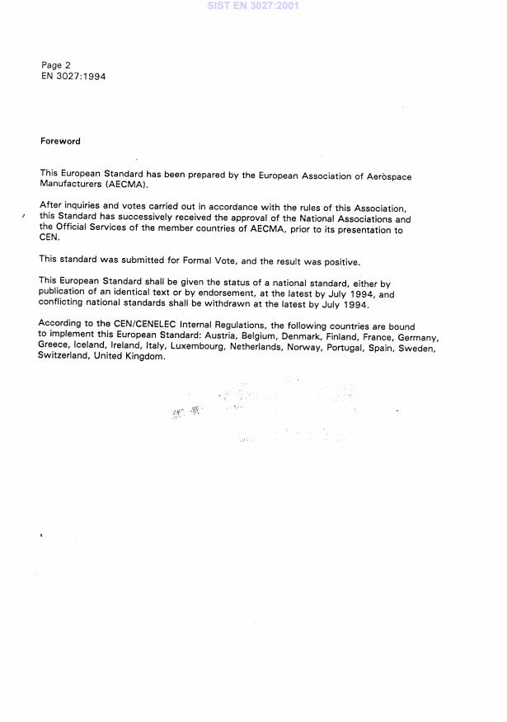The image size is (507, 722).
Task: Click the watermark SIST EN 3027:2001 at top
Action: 253,6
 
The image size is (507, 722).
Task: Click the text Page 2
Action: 56,65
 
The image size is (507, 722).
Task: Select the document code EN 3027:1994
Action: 73,77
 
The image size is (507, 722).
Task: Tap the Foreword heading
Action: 60,141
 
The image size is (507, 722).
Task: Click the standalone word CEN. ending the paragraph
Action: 48,240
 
